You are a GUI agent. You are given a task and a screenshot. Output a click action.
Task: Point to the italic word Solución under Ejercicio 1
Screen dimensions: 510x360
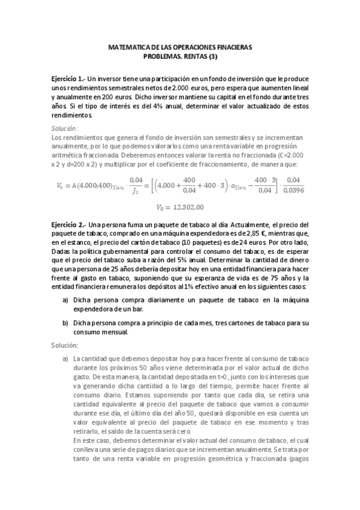(65, 128)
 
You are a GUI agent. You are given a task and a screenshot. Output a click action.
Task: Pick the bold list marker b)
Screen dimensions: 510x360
(65, 323)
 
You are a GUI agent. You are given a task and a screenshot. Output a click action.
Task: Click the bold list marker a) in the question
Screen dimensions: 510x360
(65, 299)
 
